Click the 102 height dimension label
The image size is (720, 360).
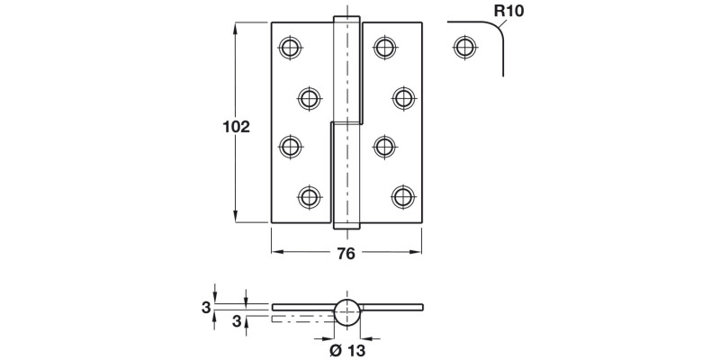235,127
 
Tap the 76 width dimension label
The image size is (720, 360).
346,253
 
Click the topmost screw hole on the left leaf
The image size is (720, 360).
290,47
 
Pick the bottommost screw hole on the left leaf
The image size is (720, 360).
309,195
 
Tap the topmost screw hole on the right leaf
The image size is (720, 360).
384,47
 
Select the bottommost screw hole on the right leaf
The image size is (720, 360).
402,195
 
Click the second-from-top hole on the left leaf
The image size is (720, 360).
309,96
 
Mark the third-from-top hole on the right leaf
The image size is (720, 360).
384,146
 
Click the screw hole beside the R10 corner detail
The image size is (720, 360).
463,47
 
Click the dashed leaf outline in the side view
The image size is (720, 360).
301,318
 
